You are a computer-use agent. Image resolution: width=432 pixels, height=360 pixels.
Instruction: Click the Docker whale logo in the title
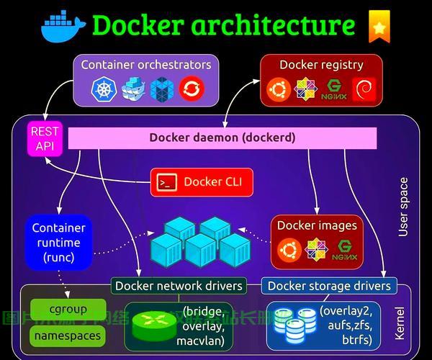point(63,26)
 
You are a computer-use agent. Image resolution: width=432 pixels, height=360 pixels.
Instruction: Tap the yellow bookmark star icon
point(379,26)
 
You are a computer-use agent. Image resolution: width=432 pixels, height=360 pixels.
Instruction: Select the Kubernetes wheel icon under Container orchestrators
point(104,89)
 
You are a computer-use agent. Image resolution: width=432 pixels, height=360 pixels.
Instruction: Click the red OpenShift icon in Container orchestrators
point(192,89)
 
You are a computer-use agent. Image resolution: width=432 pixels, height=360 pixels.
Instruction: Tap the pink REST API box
point(45,138)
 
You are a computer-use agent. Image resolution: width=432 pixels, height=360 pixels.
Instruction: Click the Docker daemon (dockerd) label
point(222,137)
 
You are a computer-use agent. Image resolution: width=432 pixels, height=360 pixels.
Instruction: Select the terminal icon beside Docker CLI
point(167,182)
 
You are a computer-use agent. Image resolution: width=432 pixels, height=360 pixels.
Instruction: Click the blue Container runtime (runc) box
point(58,242)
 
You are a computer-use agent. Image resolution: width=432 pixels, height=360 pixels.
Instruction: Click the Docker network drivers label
point(179,285)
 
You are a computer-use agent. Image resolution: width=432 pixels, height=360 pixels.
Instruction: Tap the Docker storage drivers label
point(329,285)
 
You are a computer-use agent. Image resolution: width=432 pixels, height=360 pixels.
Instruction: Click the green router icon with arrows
point(153,325)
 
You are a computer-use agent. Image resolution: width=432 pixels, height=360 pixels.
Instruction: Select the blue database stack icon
point(292,325)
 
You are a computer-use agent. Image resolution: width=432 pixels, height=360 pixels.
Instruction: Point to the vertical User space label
point(403,207)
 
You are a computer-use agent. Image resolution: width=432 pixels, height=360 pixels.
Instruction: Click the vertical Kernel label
point(400,323)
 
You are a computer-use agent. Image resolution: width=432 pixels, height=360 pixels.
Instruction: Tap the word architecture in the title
point(273,26)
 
